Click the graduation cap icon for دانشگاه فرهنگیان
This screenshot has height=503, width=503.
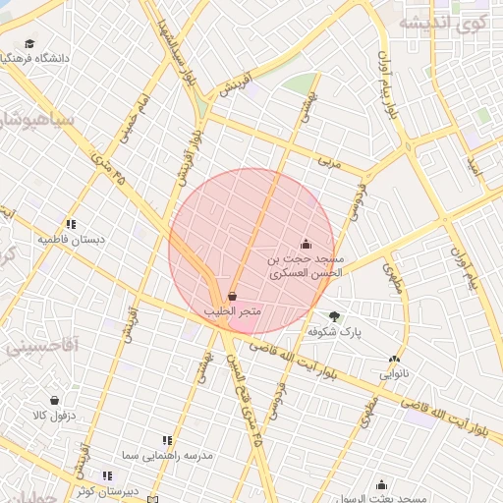[30, 44]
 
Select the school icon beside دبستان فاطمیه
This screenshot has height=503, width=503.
[71, 224]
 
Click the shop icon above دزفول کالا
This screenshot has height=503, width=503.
[56, 401]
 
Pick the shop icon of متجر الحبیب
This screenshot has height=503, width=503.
[232, 296]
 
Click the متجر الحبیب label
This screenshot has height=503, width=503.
[232, 310]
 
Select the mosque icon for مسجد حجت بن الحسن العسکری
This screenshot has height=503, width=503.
[306, 244]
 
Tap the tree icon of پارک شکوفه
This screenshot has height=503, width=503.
[336, 316]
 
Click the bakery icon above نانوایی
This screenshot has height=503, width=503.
[395, 360]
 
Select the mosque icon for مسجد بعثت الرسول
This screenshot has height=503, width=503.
[381, 484]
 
